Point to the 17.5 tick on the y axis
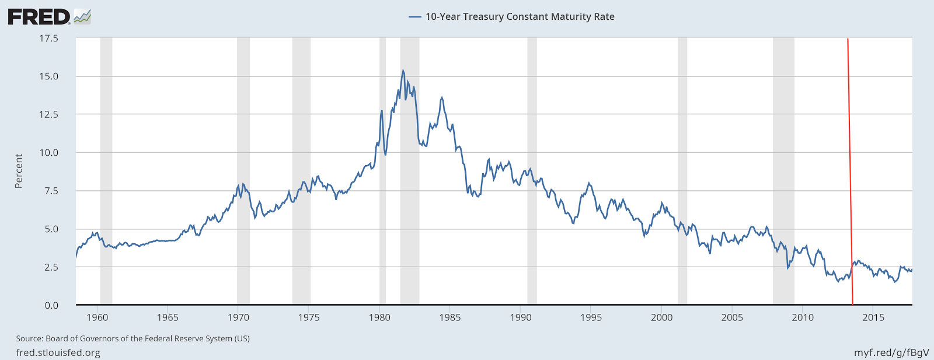click(48, 39)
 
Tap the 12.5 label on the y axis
click(48, 114)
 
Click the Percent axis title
click(19, 171)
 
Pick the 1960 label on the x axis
click(97, 317)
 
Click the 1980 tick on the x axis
click(379, 317)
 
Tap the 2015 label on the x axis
click(873, 317)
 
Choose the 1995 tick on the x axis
click(591, 317)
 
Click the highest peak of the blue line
click(403, 71)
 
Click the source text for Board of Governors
click(133, 338)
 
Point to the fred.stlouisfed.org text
click(58, 352)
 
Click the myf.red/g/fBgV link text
click(891, 352)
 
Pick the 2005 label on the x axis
click(732, 317)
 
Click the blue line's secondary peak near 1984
click(441, 97)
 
